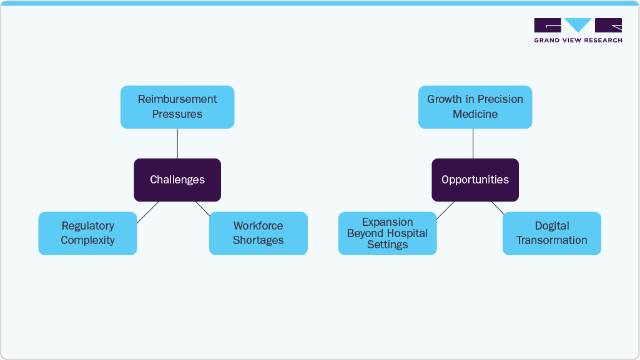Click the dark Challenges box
177,180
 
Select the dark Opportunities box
475,180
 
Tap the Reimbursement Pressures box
177,107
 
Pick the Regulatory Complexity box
87,233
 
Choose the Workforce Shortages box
258,233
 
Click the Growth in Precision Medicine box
475,107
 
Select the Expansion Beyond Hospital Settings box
387,233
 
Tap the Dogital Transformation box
551,233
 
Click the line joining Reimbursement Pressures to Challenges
177,144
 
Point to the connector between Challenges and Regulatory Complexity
148,212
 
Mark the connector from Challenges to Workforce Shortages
202,207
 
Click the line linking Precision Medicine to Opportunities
473,144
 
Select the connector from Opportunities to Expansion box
445,211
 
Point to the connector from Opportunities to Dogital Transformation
498,208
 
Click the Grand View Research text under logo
578,41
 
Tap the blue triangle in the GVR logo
578,24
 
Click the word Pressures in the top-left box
177,114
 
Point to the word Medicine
475,114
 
